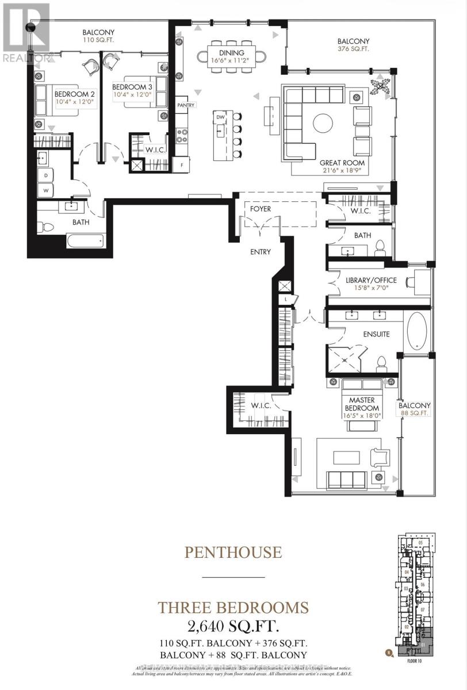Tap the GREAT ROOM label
click(342, 163)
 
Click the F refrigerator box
click(182, 165)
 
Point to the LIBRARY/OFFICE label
click(371, 281)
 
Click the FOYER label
click(260, 209)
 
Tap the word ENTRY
click(260, 252)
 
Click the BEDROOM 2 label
click(75, 94)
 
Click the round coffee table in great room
click(322, 123)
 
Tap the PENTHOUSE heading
click(233, 553)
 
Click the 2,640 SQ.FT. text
click(233, 625)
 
